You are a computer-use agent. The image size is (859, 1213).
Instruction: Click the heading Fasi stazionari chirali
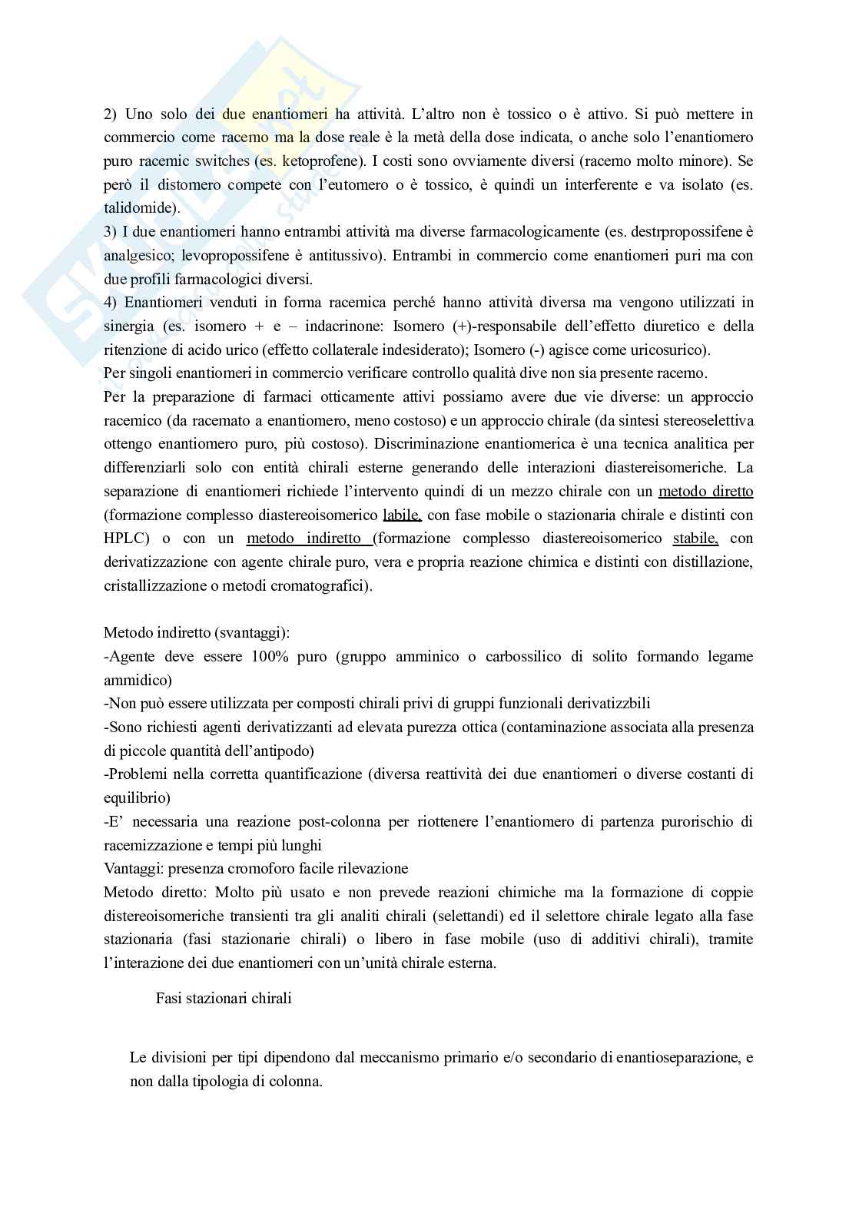click(224, 999)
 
